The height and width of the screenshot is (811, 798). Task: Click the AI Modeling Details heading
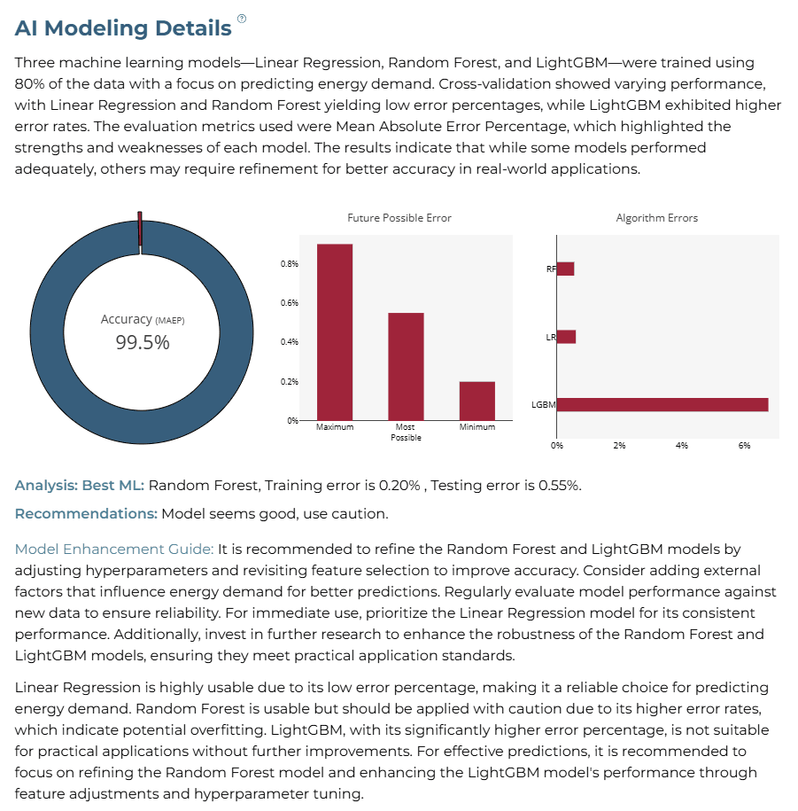[x=123, y=28]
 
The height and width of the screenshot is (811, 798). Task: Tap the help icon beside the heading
[x=242, y=19]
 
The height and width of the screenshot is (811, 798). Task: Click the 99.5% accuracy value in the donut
[x=142, y=342]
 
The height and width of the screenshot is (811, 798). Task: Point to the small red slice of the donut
[x=140, y=230]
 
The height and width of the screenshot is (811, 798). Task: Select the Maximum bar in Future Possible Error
[x=335, y=332]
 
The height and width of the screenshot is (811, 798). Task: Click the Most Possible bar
[x=406, y=367]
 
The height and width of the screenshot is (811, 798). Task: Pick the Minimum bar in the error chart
[x=477, y=401]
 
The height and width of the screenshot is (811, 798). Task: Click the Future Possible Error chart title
[x=399, y=218]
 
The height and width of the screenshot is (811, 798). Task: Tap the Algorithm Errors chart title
[x=657, y=218]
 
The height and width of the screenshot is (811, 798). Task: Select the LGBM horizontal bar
[x=662, y=404]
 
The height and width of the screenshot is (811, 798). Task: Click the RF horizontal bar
[x=565, y=269]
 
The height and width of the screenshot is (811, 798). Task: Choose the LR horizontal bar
[x=567, y=337]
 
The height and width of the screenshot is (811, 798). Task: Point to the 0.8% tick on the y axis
[x=290, y=264]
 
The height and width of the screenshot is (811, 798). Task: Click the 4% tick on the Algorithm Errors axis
[x=682, y=445]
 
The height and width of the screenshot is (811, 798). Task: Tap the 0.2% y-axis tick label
[x=290, y=382]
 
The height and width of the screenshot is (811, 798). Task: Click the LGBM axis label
[x=544, y=404]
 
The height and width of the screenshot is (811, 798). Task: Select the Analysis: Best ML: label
[x=80, y=485]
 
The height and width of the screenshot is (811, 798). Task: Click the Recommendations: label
[x=86, y=513]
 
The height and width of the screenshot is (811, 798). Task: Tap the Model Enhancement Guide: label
[x=114, y=549]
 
